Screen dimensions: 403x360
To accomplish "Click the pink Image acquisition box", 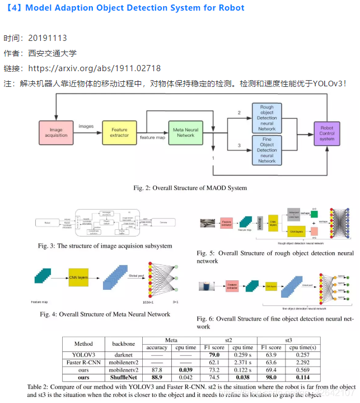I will (x=57, y=133).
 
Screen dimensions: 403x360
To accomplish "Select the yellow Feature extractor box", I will (x=119, y=133).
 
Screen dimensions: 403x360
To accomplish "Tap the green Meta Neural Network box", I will (x=185, y=132).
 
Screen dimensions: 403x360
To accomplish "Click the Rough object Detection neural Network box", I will (x=267, y=117).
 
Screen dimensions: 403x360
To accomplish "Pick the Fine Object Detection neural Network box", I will (x=267, y=150).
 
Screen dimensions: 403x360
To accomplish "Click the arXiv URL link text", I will (x=94, y=68).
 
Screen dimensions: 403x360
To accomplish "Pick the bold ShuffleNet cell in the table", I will (x=124, y=378).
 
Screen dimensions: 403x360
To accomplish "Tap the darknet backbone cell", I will (x=124, y=355).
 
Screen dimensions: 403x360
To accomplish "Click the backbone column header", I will (x=124, y=343).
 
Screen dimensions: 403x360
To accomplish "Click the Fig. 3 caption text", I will (x=105, y=246).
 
